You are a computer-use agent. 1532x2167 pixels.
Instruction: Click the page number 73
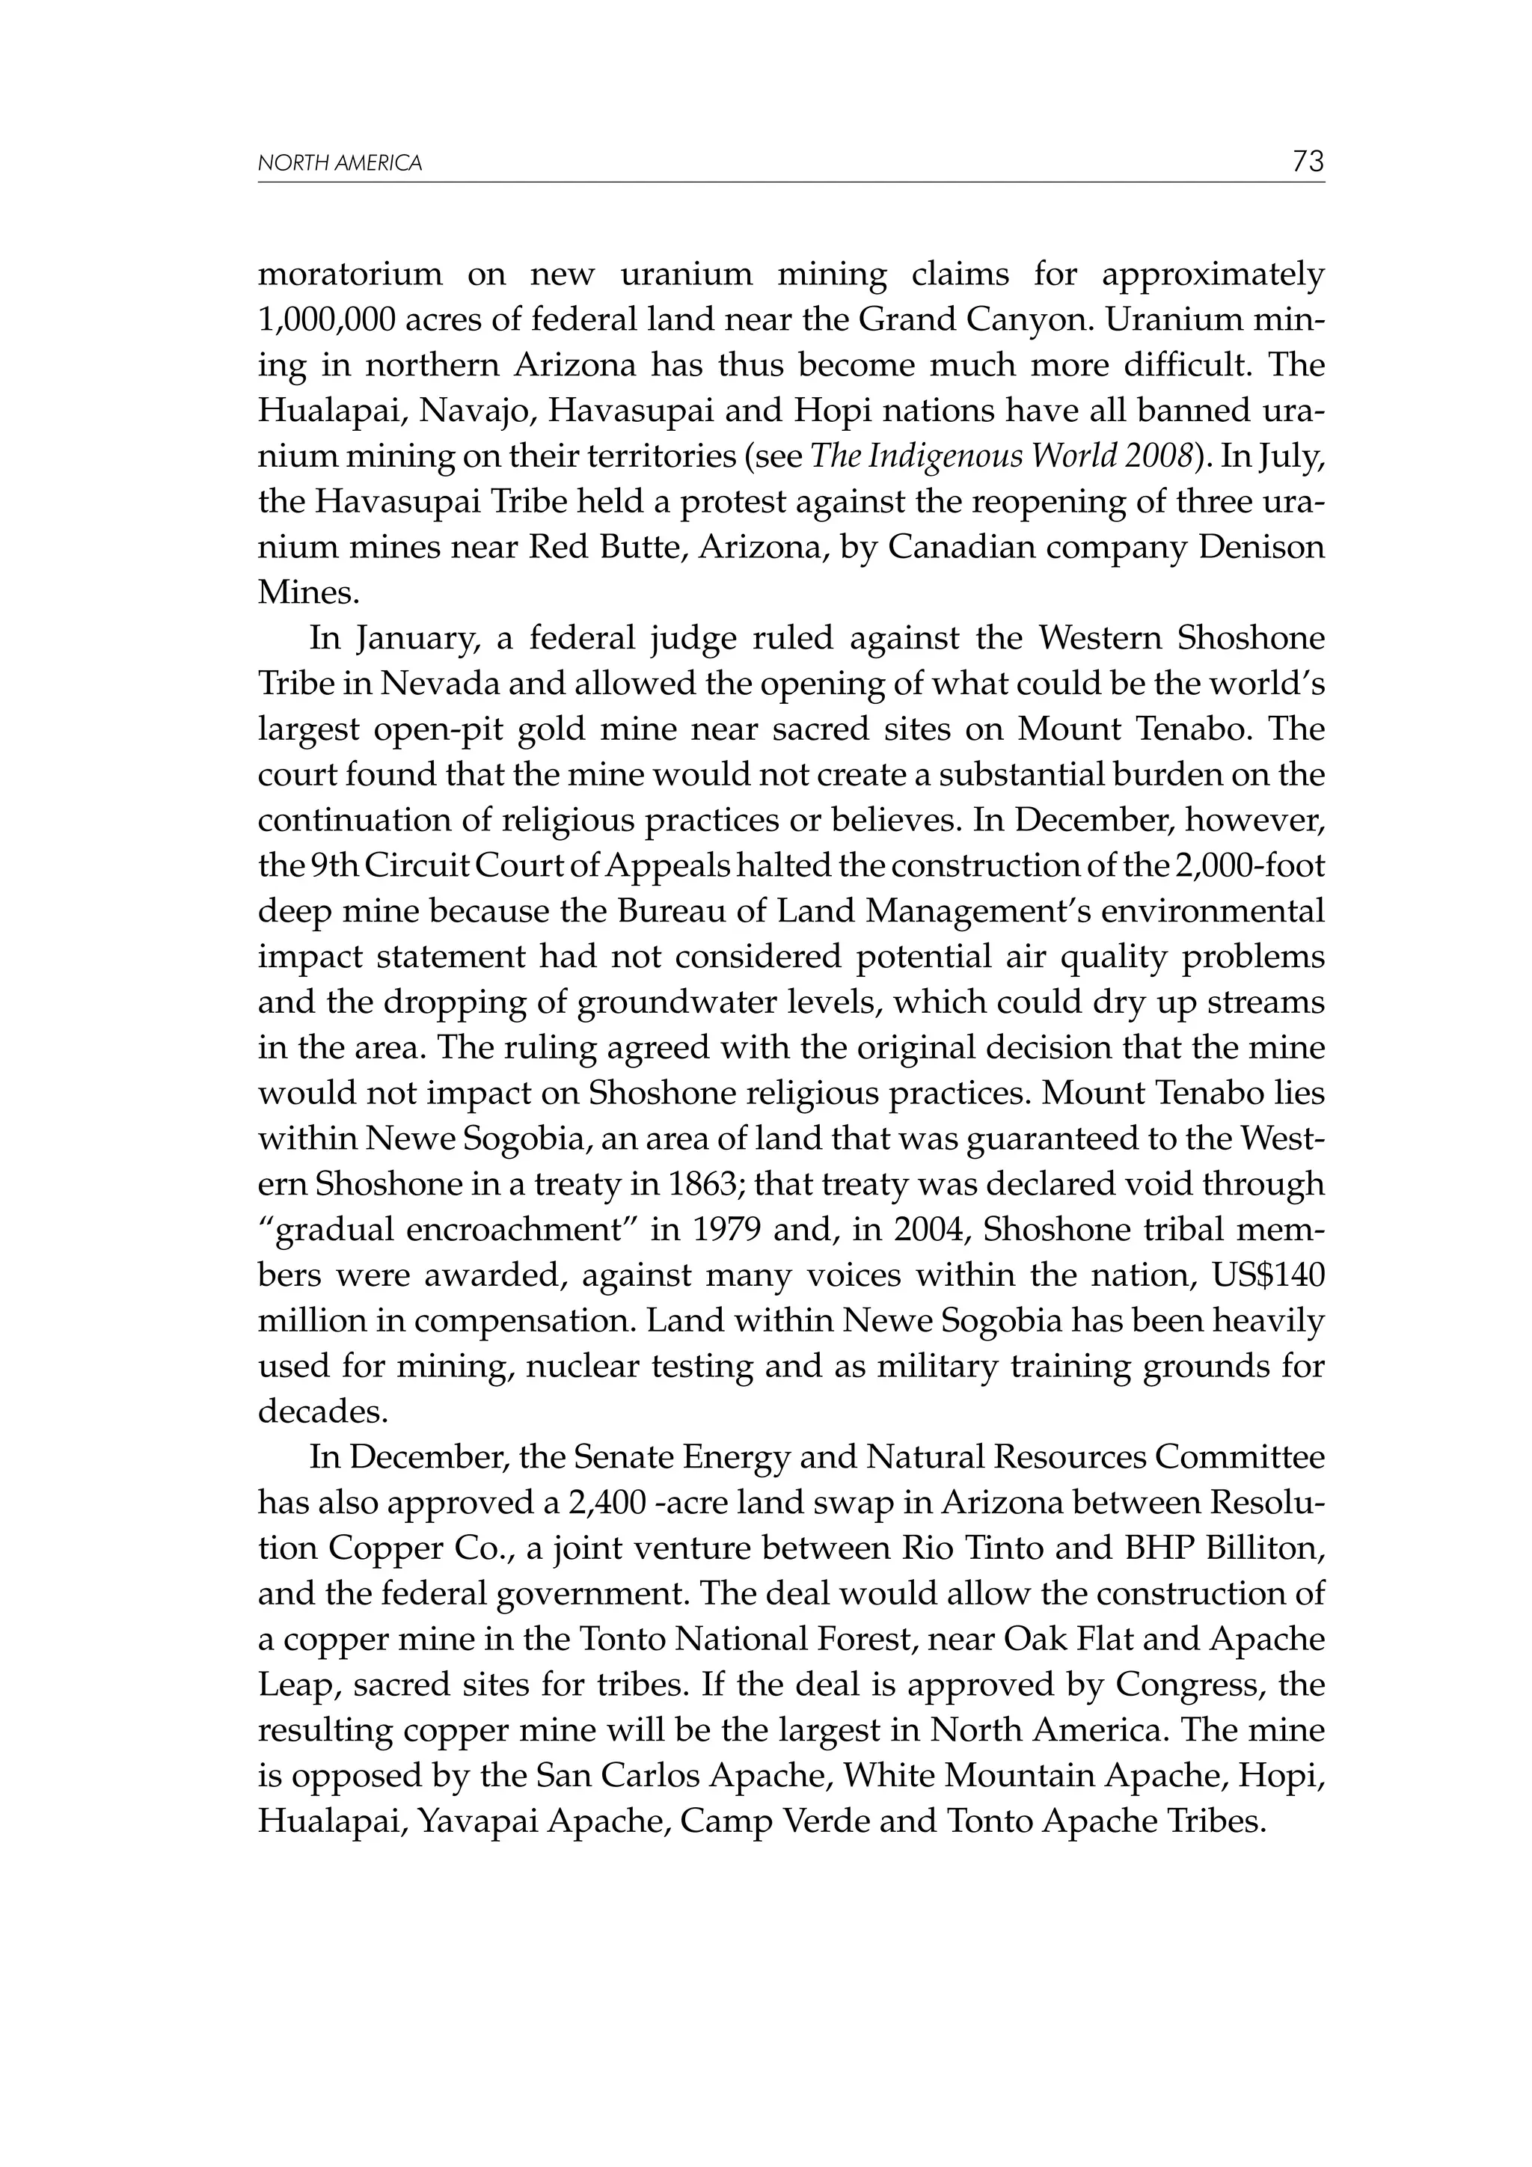[x=1308, y=162]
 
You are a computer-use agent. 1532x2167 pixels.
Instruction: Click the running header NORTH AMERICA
[x=340, y=163]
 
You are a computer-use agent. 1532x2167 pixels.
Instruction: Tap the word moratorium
[x=350, y=275]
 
